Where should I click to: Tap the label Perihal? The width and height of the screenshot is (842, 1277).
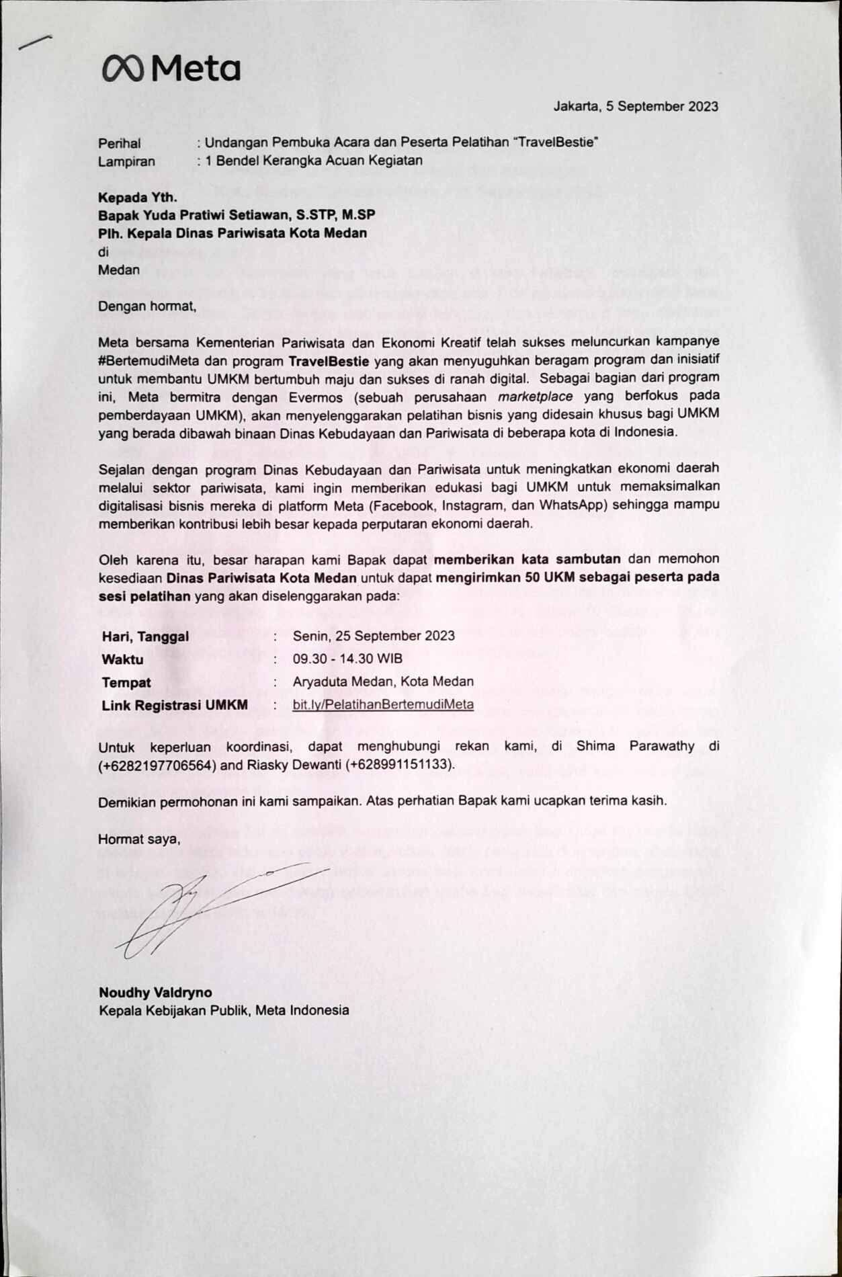coord(120,143)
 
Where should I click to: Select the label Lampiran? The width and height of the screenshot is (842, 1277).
coord(126,161)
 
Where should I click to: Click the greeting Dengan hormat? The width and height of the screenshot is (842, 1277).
coord(147,306)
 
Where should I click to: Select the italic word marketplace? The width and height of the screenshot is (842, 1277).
coord(536,396)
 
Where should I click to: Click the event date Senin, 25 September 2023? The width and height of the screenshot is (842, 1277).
coord(374,636)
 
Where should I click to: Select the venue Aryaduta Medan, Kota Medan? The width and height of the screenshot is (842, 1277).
coord(383,682)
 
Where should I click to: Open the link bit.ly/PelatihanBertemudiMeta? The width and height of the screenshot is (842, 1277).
coord(383,704)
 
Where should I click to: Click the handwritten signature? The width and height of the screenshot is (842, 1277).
coord(202,904)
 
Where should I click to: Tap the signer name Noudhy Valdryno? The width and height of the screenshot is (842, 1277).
coord(155,992)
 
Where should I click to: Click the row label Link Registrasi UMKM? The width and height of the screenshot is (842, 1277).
coord(175,705)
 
